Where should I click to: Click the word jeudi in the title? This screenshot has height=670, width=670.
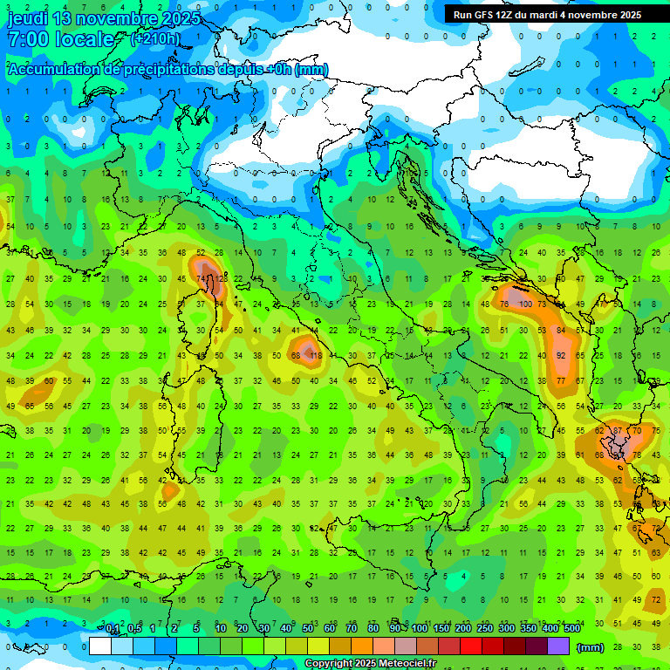pyautogui.click(x=27, y=18)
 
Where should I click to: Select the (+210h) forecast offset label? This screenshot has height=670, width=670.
pyautogui.click(x=155, y=39)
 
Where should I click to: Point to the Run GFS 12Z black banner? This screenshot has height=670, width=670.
pyautogui.click(x=547, y=15)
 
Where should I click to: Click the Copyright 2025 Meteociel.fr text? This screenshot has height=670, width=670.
pyautogui.click(x=370, y=664)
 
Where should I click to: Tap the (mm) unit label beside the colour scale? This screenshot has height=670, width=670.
pyautogui.click(x=590, y=647)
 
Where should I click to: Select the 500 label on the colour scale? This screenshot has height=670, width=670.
pyautogui.click(x=571, y=628)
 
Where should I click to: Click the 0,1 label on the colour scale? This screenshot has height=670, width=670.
pyautogui.click(x=113, y=628)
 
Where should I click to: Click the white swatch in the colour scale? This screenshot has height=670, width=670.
pyautogui.click(x=100, y=646)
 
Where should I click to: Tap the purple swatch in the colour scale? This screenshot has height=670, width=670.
pyautogui.click(x=558, y=646)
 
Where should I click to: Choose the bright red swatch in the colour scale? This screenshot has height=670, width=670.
pyautogui.click(x=471, y=646)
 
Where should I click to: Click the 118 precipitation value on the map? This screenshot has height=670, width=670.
pyautogui.click(x=316, y=356)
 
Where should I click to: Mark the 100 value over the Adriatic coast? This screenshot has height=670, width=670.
pyautogui.click(x=524, y=304)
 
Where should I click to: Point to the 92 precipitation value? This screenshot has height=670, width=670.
pyautogui.click(x=562, y=356)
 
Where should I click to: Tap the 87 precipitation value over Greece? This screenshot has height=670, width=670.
pyautogui.click(x=618, y=431)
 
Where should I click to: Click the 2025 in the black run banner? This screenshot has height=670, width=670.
pyautogui.click(x=626, y=15)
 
